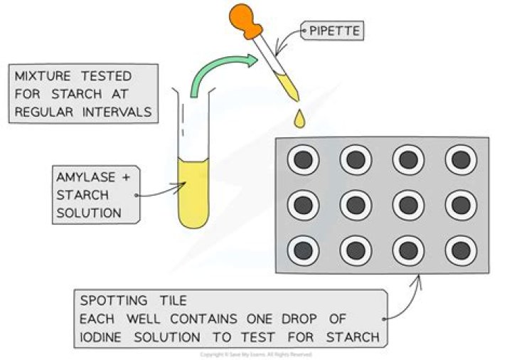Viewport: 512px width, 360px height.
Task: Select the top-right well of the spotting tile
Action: click(x=462, y=160)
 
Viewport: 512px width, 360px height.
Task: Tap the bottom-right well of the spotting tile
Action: click(x=462, y=250)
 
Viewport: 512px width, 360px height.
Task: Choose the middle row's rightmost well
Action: click(x=462, y=205)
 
